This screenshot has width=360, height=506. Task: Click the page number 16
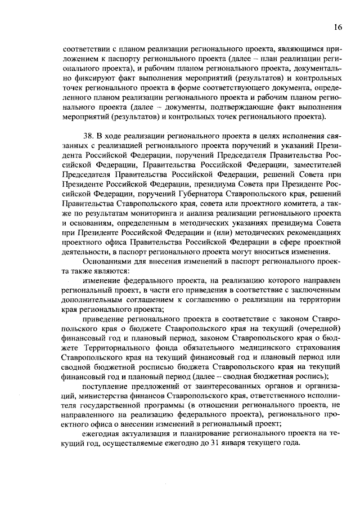[337, 27]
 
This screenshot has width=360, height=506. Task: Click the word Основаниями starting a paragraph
[107, 261]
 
